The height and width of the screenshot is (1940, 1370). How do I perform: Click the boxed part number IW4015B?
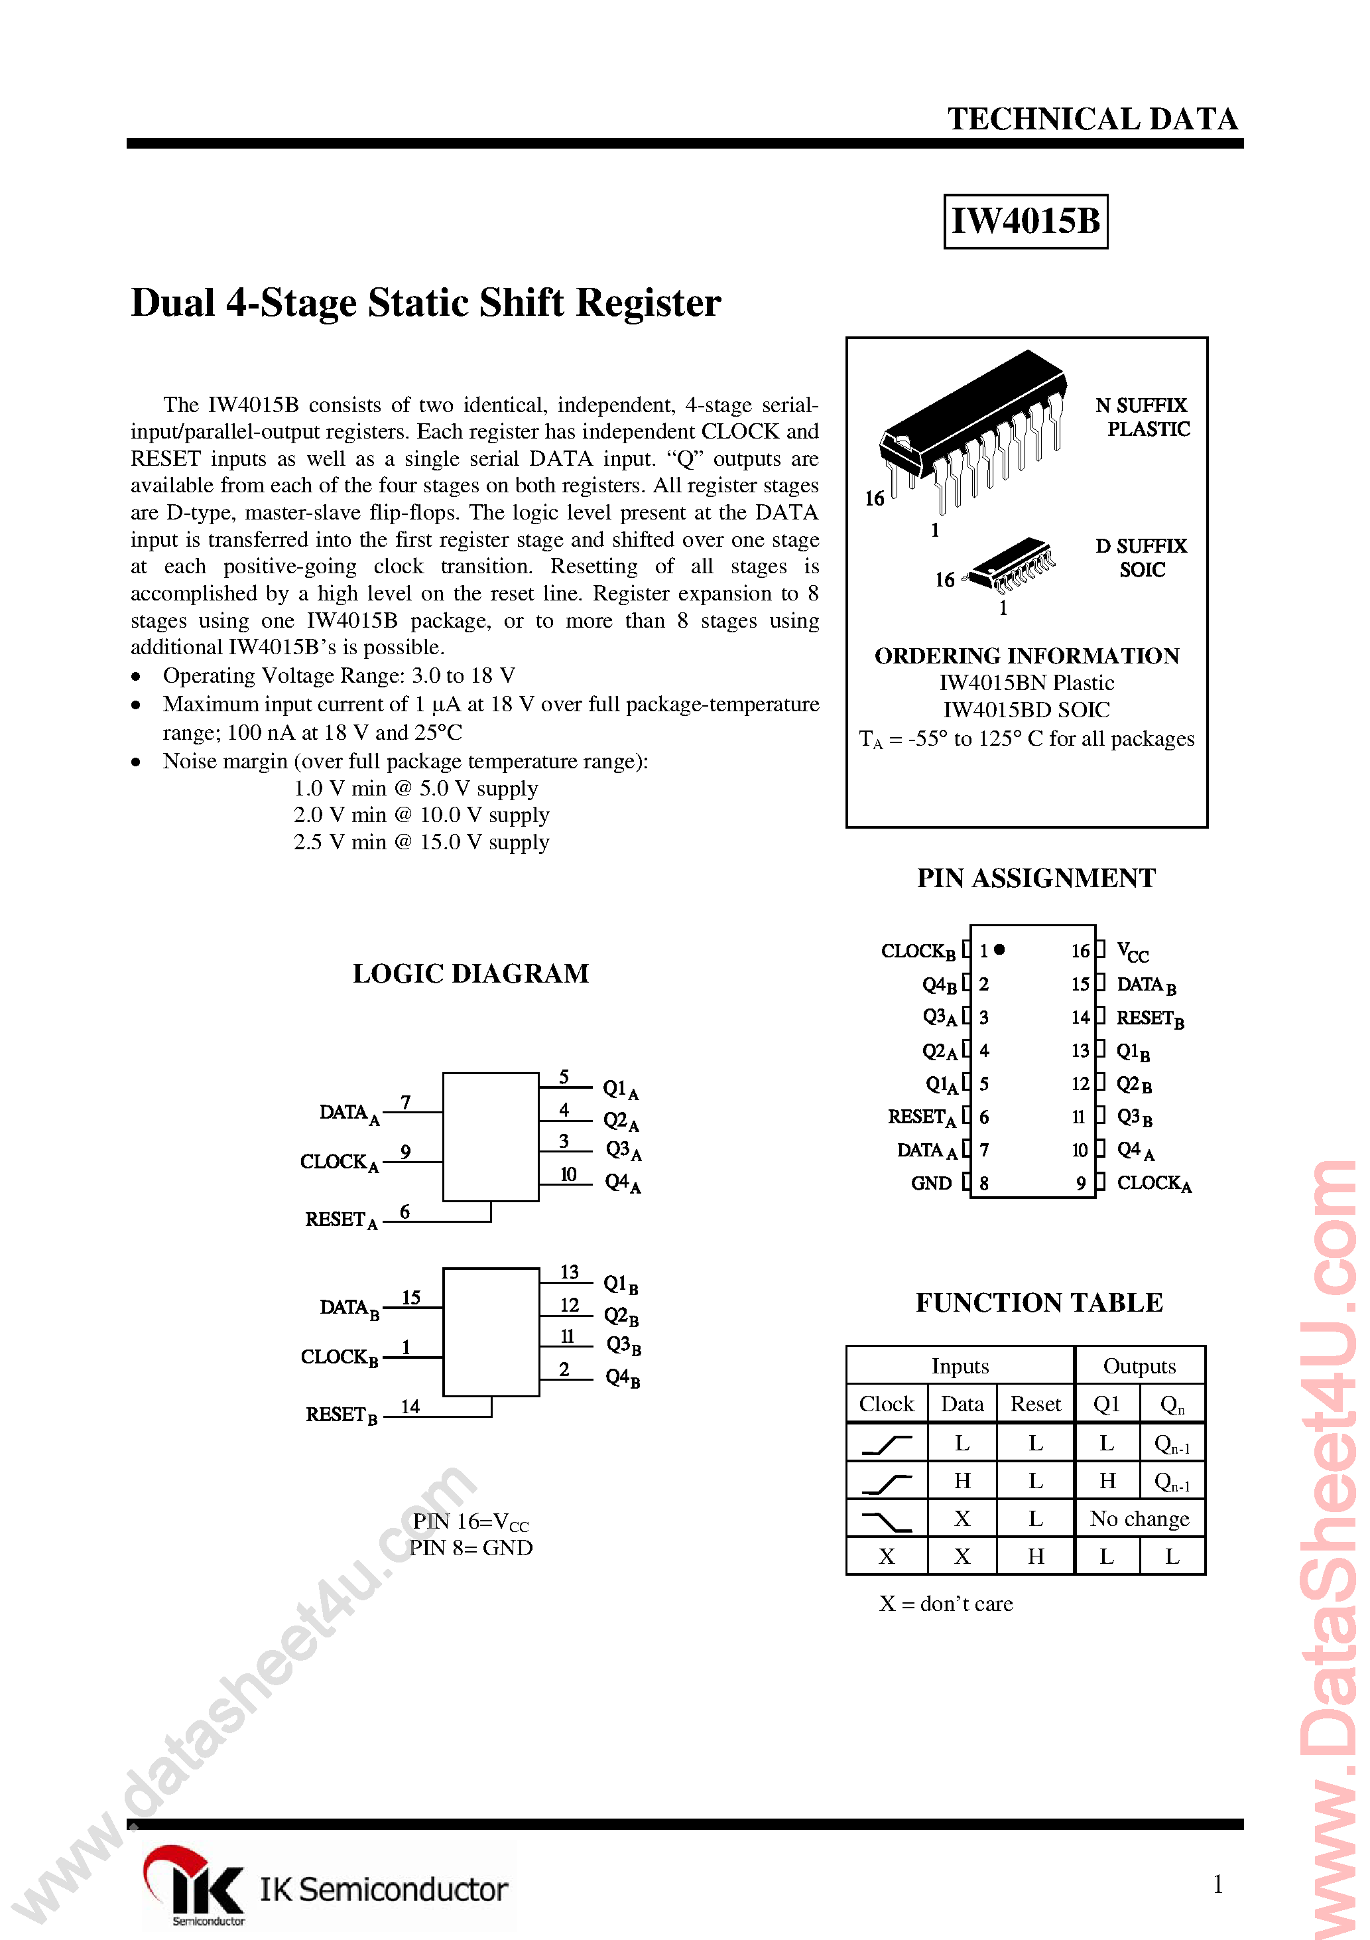[1025, 222]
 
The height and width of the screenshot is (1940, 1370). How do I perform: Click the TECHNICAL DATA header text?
[1092, 119]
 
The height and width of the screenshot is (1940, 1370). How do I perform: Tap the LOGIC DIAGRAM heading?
[470, 973]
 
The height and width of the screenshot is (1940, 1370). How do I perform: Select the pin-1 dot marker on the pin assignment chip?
[1000, 949]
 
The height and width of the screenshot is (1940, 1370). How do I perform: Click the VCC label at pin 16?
[1132, 952]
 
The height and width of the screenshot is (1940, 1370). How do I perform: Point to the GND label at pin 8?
[931, 1184]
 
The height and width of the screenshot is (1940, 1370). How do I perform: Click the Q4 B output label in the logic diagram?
[623, 1378]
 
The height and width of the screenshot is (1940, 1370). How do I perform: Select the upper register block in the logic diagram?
[491, 1137]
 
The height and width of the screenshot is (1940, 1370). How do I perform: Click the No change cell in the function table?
[1139, 1519]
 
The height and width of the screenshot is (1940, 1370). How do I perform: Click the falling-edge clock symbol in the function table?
[886, 1521]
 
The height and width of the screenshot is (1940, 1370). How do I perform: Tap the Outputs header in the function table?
[1139, 1366]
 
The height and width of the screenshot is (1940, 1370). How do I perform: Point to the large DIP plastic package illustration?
[971, 431]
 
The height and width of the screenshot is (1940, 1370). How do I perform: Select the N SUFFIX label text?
[1141, 405]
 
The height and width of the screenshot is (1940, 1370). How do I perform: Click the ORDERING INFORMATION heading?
[1027, 657]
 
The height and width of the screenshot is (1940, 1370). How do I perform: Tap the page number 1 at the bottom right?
[1217, 1884]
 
